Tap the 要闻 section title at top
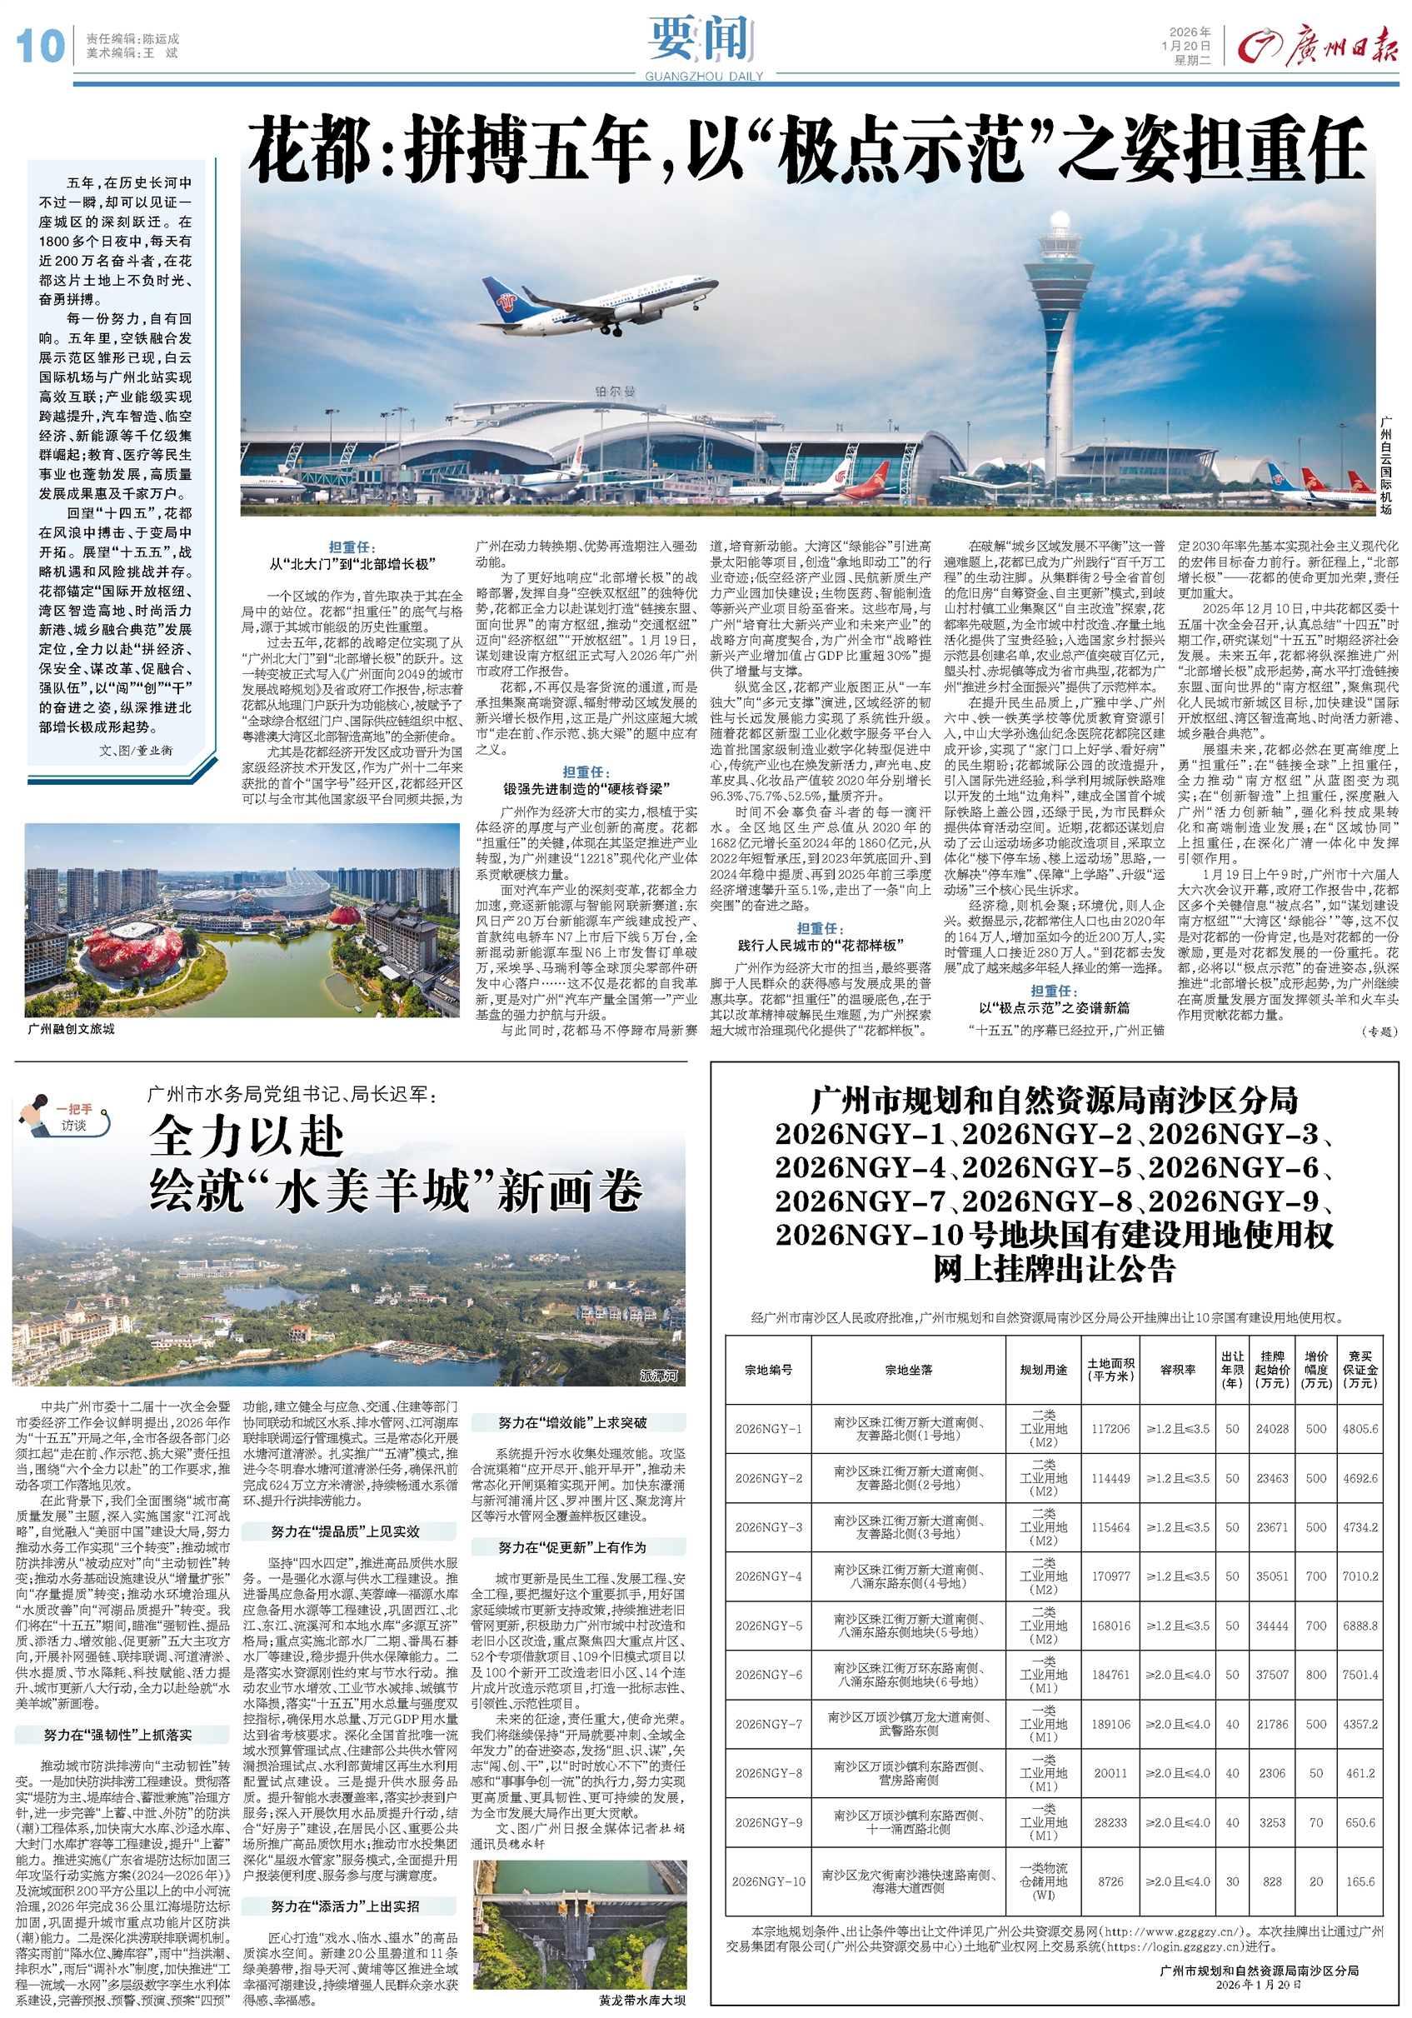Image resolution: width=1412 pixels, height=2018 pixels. [703, 39]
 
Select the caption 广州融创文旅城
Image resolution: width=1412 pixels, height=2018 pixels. [71, 1028]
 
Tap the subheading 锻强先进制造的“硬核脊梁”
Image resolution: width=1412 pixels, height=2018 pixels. [585, 788]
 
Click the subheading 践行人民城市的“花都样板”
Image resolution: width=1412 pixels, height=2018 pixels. [819, 945]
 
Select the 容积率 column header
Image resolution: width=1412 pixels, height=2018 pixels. [1177, 1371]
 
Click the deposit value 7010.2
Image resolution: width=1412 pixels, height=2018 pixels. [1360, 1576]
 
